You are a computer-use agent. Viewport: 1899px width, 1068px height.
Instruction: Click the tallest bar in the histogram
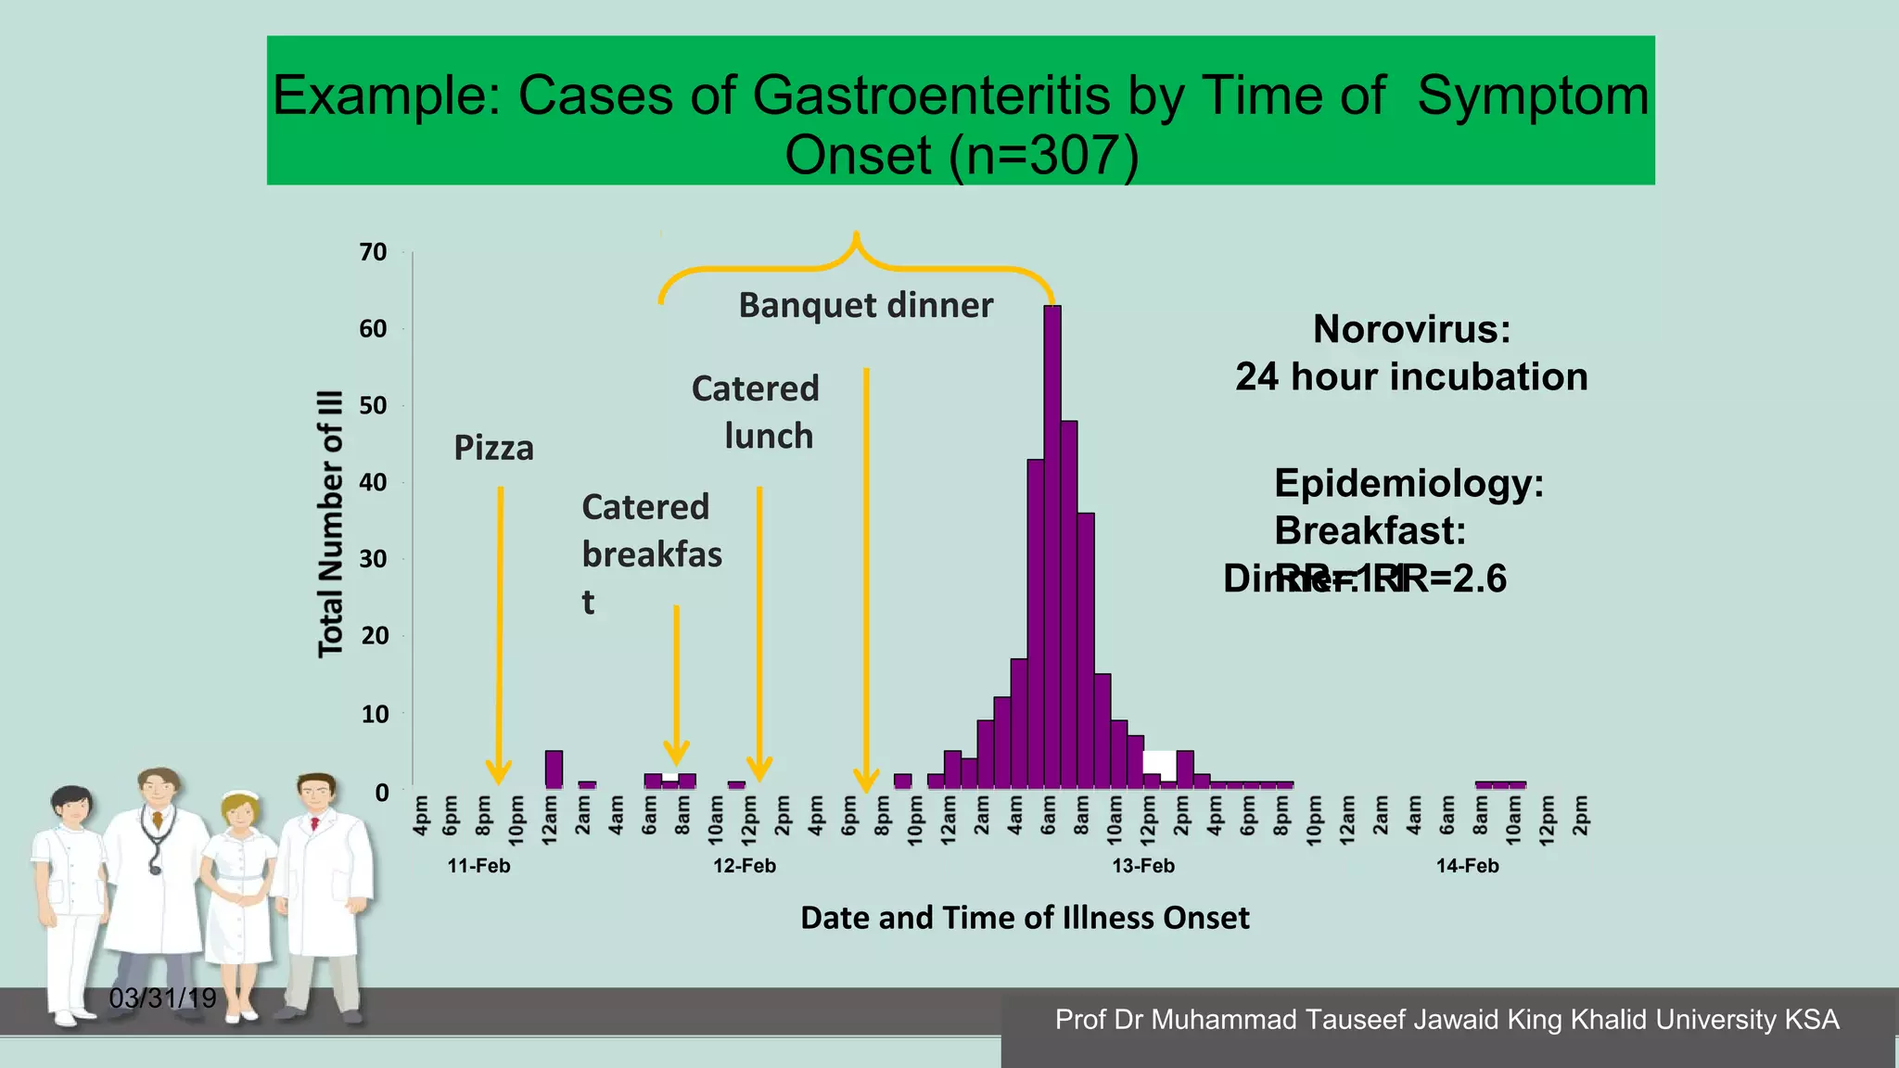[1052, 547]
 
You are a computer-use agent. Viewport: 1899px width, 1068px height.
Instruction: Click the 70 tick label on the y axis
[373, 252]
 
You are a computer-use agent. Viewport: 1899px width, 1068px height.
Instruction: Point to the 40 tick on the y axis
[373, 482]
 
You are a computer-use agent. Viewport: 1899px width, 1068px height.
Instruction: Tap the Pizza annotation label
[493, 449]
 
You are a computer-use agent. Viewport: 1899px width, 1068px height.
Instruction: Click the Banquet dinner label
[865, 305]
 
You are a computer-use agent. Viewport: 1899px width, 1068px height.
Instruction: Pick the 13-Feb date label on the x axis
[1143, 866]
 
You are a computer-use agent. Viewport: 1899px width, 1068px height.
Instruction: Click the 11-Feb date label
[478, 866]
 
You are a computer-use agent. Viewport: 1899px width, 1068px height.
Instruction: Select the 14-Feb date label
[1467, 866]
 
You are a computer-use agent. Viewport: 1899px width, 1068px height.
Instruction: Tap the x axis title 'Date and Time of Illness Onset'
[1025, 918]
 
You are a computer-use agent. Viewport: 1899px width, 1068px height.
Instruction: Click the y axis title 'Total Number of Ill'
[331, 524]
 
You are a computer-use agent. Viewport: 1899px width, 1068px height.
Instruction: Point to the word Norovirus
[1411, 329]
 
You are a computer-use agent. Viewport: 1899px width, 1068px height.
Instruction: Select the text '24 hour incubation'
[1411, 377]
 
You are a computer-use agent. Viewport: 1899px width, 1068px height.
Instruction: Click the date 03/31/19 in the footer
[162, 998]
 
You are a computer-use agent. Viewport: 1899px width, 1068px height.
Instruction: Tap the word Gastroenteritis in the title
[931, 95]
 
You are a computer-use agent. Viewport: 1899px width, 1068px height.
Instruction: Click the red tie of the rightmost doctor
[315, 822]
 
